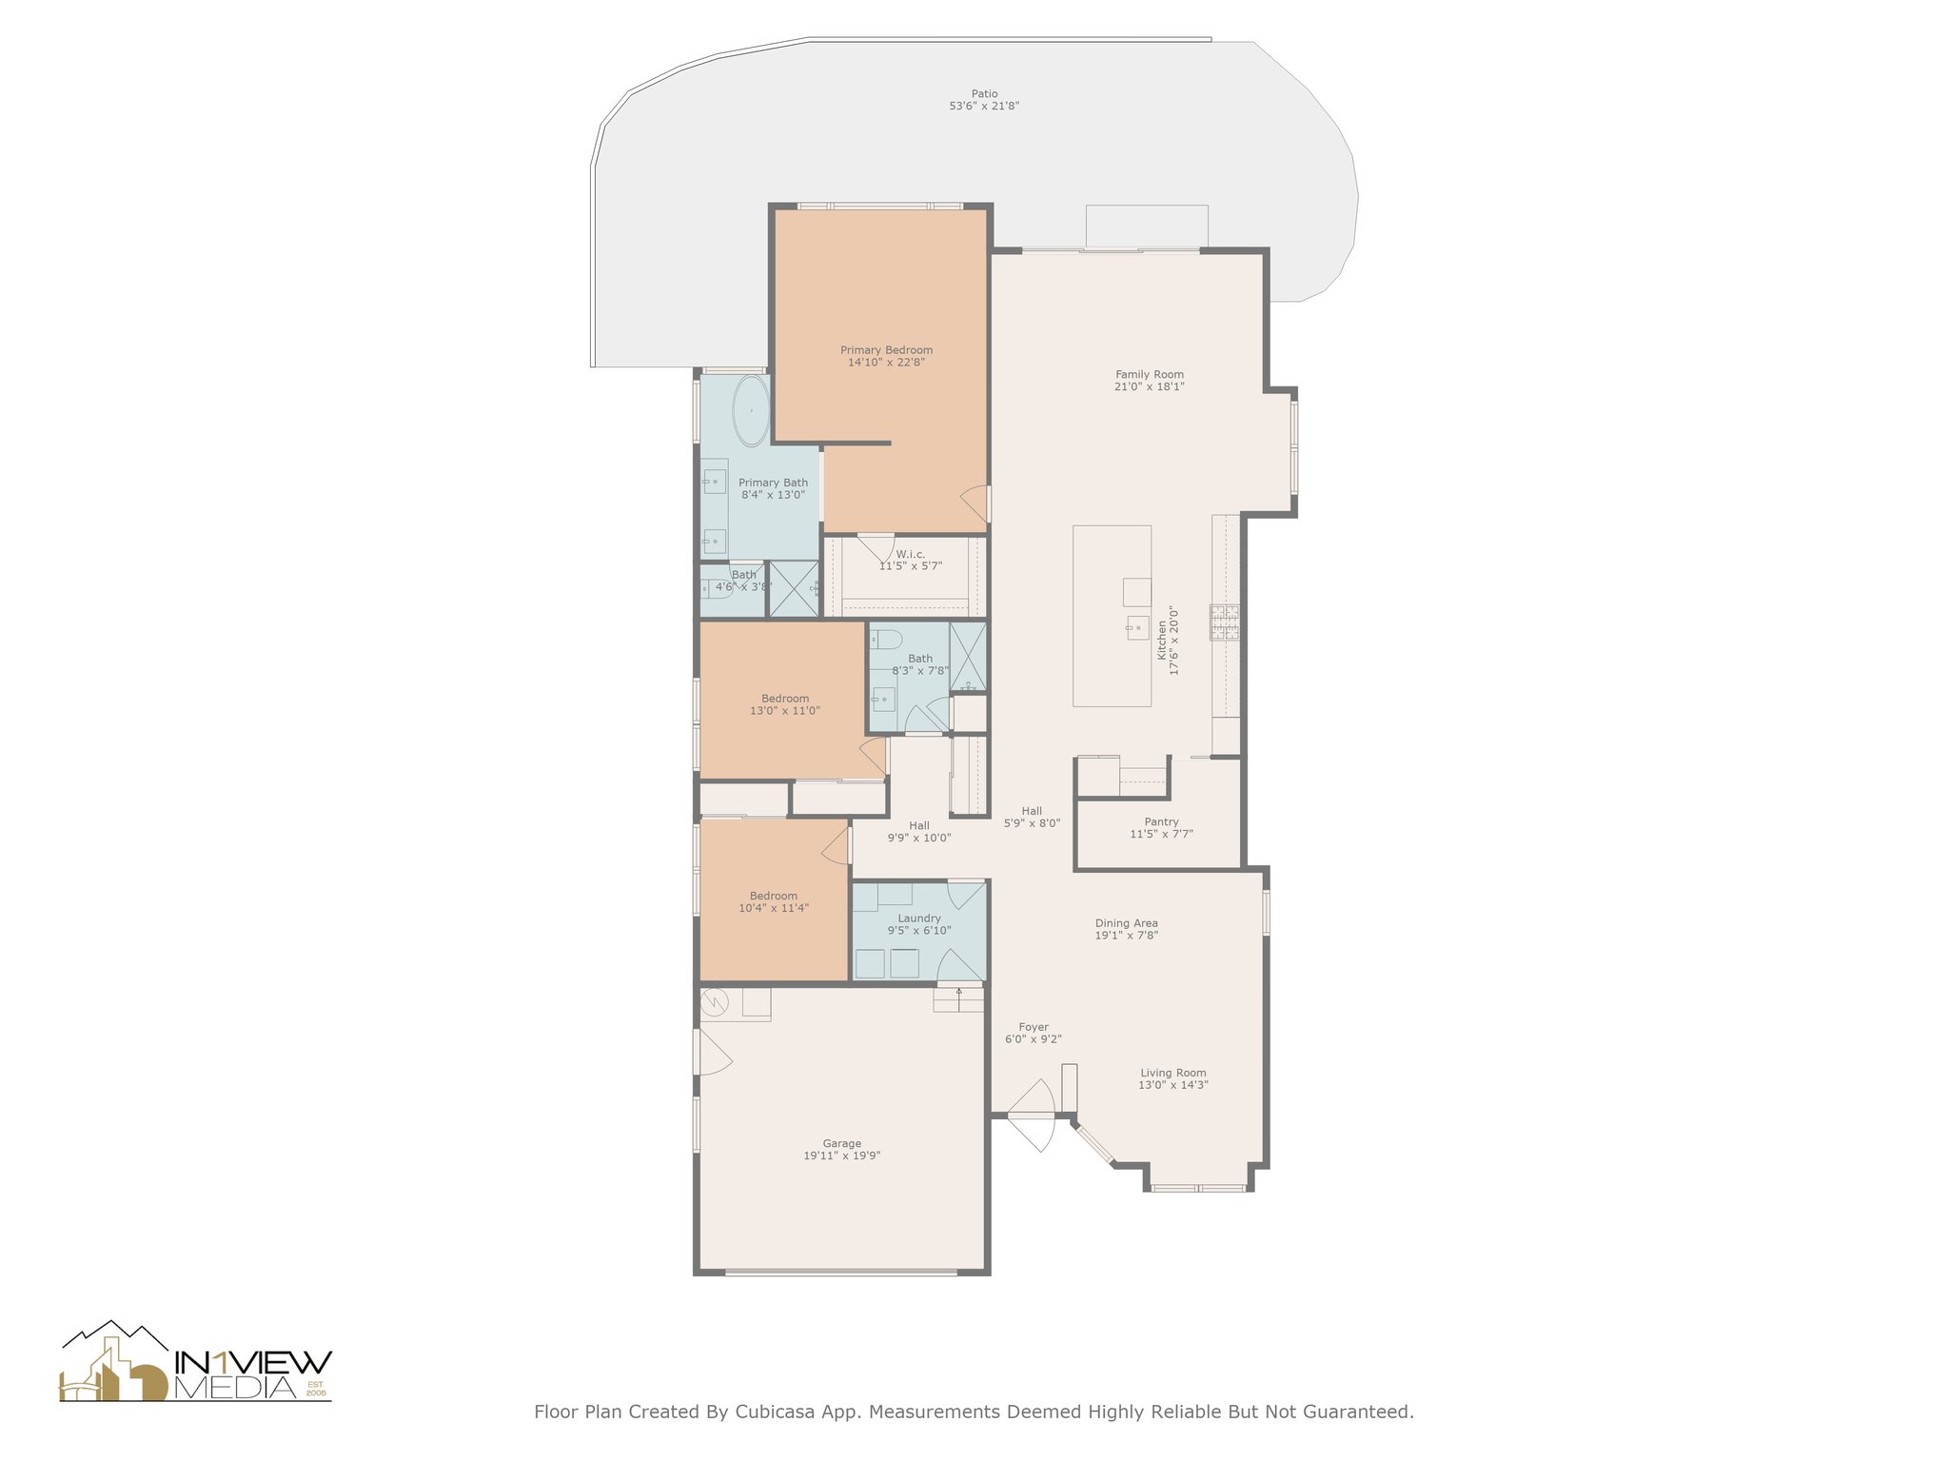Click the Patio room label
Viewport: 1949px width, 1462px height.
click(984, 94)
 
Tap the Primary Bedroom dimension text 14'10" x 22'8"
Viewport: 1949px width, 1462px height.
click(886, 363)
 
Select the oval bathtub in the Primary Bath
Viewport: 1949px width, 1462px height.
click(750, 410)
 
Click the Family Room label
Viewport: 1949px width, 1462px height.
click(1150, 375)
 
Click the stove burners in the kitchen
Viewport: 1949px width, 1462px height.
click(1224, 622)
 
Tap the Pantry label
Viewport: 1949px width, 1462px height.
click(1161, 821)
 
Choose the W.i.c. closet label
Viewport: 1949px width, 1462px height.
click(910, 554)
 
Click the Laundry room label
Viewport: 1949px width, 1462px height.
click(919, 919)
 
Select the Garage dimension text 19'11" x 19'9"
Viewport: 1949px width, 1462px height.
click(842, 1156)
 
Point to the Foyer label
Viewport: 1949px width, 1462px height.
click(1034, 1027)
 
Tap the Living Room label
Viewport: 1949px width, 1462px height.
click(1173, 1073)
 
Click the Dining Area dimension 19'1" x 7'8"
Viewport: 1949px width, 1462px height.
click(1127, 936)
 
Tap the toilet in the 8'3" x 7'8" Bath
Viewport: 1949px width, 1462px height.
click(885, 637)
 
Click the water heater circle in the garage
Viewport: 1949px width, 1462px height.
click(715, 1002)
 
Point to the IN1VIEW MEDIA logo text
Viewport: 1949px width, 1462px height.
click(253, 1373)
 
